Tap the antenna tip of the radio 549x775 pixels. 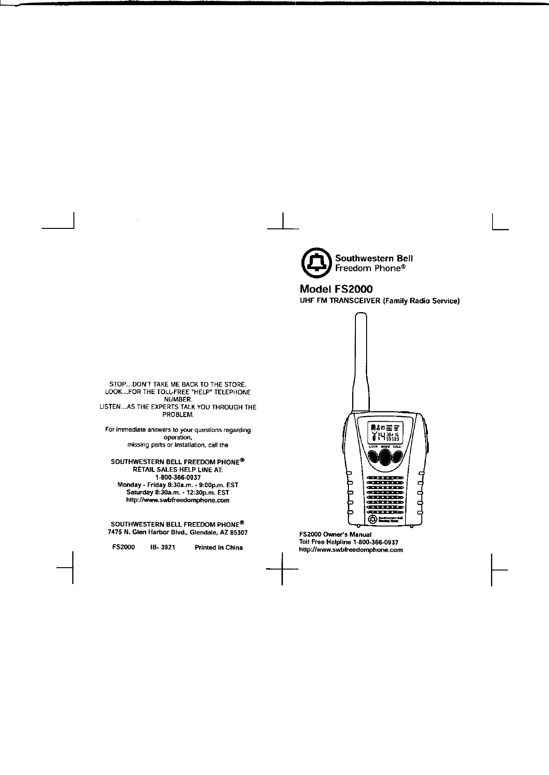pyautogui.click(x=360, y=319)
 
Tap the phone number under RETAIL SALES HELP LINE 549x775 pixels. pyautogui.click(x=178, y=477)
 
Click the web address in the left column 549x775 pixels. pyautogui.click(x=178, y=500)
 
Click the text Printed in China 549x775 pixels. pyautogui.click(x=218, y=548)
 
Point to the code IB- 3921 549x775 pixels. pyautogui.click(x=162, y=548)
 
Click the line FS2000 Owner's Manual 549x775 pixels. pyautogui.click(x=335, y=534)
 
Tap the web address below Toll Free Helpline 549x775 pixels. pyautogui.click(x=351, y=550)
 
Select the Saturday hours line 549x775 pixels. pyautogui.click(x=178, y=493)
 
